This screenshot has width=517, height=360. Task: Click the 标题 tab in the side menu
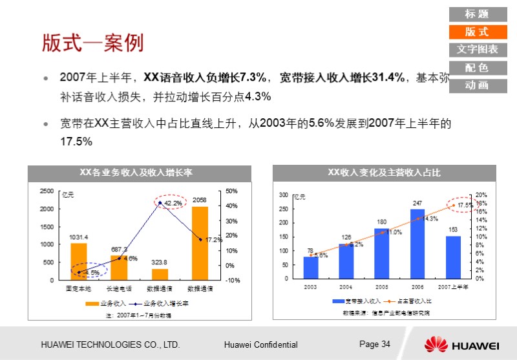[x=477, y=14]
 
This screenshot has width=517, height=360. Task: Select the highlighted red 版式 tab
[x=477, y=32]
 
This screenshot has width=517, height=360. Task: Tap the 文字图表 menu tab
[x=477, y=50]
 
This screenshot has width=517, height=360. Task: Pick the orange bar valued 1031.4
[x=79, y=261]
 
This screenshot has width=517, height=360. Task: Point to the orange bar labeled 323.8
[x=160, y=274]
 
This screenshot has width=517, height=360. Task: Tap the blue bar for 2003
[x=311, y=267]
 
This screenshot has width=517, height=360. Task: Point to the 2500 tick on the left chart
[x=47, y=191]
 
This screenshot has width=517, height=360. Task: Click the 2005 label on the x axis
[x=382, y=286]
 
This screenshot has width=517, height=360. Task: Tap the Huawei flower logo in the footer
[x=436, y=344]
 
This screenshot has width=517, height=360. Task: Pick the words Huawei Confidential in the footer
[x=261, y=344]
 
